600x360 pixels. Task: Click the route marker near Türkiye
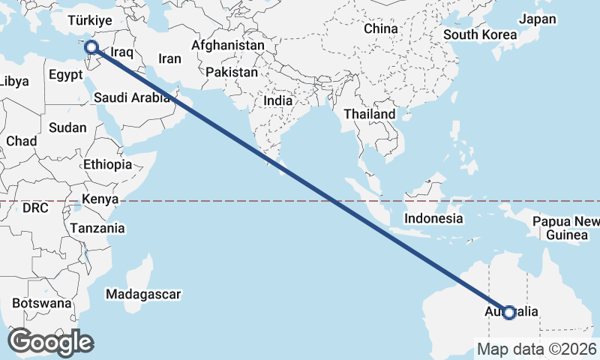click(91, 48)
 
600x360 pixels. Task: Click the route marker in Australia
click(509, 312)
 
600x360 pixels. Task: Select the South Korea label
click(480, 34)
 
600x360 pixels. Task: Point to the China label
click(380, 28)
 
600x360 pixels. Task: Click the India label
click(278, 100)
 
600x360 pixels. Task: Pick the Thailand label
click(369, 114)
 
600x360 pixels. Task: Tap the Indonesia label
click(433, 219)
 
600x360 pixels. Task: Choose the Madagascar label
click(142, 293)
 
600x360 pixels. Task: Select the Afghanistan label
click(228, 45)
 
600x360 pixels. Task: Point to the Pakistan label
click(232, 73)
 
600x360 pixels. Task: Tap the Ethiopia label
click(108, 164)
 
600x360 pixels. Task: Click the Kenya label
click(101, 199)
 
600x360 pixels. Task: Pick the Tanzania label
click(97, 228)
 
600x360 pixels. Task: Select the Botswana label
click(42, 304)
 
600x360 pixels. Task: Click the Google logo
click(50, 342)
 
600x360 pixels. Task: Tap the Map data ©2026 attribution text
click(537, 349)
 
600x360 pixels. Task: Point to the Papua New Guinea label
click(566, 228)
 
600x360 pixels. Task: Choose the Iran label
click(169, 58)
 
